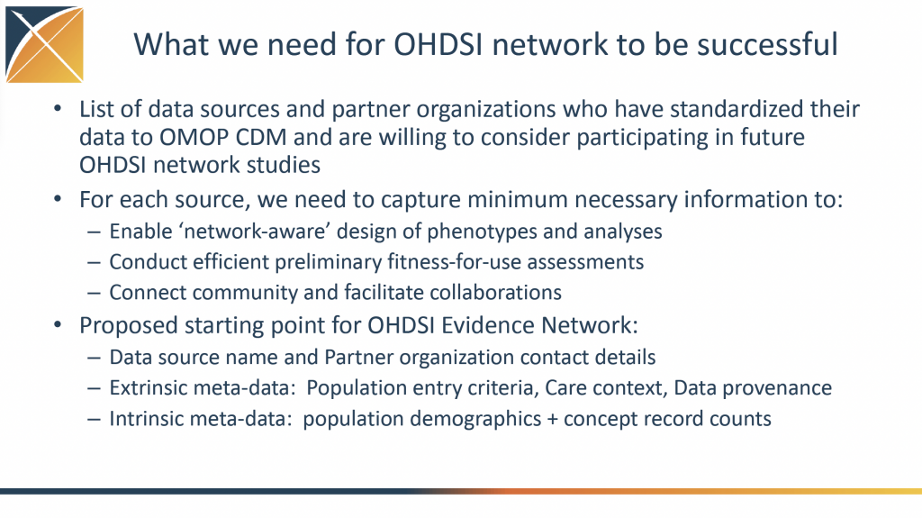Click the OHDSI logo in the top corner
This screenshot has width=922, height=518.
(x=45, y=45)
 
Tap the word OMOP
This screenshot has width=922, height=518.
(x=194, y=137)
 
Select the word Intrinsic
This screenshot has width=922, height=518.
(x=146, y=419)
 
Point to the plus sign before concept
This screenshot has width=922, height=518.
(x=552, y=420)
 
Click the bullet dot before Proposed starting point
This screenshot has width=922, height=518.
(x=57, y=324)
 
